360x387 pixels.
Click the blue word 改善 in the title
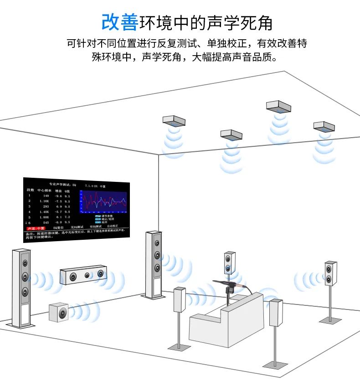point(119,21)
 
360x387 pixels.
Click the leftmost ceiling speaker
point(174,121)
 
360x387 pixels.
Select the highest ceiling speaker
point(278,107)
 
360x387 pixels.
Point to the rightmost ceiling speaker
point(324,126)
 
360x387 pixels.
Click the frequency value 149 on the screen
point(46,196)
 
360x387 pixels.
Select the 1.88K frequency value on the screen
point(44,217)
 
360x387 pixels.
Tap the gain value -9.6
point(58,196)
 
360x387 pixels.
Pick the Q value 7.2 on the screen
point(67,217)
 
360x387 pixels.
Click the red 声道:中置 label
point(36,227)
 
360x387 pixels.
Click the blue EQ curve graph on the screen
point(103,202)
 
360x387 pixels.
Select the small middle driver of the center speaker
point(87,275)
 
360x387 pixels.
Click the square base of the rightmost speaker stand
point(330,320)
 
